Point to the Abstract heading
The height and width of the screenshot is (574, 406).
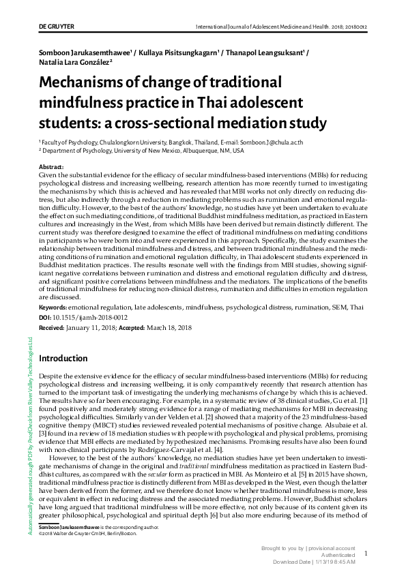pyautogui.click(x=53, y=167)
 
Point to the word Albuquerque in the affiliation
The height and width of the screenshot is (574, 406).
pyautogui.click(x=192, y=151)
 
